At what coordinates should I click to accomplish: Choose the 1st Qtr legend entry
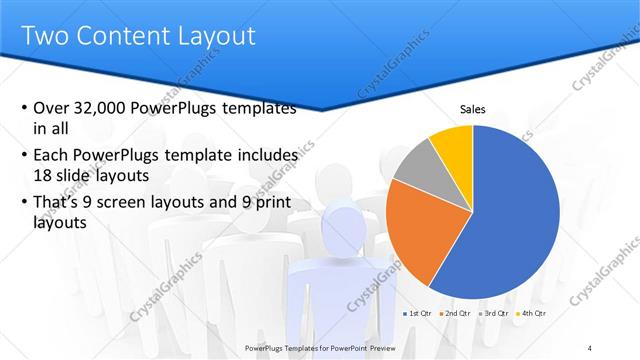(x=419, y=314)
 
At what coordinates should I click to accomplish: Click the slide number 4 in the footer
(x=591, y=347)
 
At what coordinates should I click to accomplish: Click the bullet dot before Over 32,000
(x=24, y=109)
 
